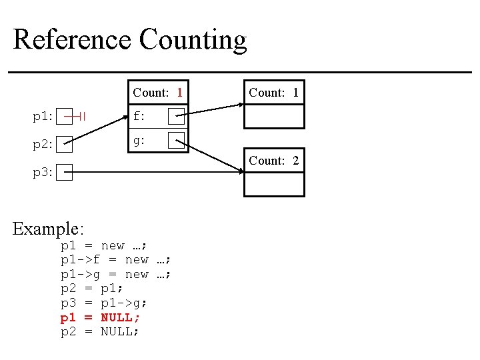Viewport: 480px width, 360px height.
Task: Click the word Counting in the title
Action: coord(193,41)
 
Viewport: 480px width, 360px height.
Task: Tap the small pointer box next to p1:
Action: coord(65,117)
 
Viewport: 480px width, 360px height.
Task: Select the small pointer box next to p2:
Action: coord(65,144)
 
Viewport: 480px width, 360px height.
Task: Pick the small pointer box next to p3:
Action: coord(65,172)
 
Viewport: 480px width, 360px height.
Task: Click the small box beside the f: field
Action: coord(176,117)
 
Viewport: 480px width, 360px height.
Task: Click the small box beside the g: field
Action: coord(176,141)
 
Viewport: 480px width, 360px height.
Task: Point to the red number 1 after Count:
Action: coord(179,93)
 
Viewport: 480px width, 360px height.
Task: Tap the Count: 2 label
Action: coord(274,161)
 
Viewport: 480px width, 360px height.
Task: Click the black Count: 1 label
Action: coord(274,93)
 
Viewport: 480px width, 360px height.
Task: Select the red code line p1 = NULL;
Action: coord(100,317)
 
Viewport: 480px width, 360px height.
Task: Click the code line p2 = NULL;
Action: coord(100,331)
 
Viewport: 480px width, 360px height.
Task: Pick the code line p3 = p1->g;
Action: coord(105,303)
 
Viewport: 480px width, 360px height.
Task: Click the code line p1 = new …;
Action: coord(105,246)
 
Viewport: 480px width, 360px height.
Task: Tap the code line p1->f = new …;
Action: coord(116,260)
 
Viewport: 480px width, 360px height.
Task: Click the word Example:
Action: coord(49,229)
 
